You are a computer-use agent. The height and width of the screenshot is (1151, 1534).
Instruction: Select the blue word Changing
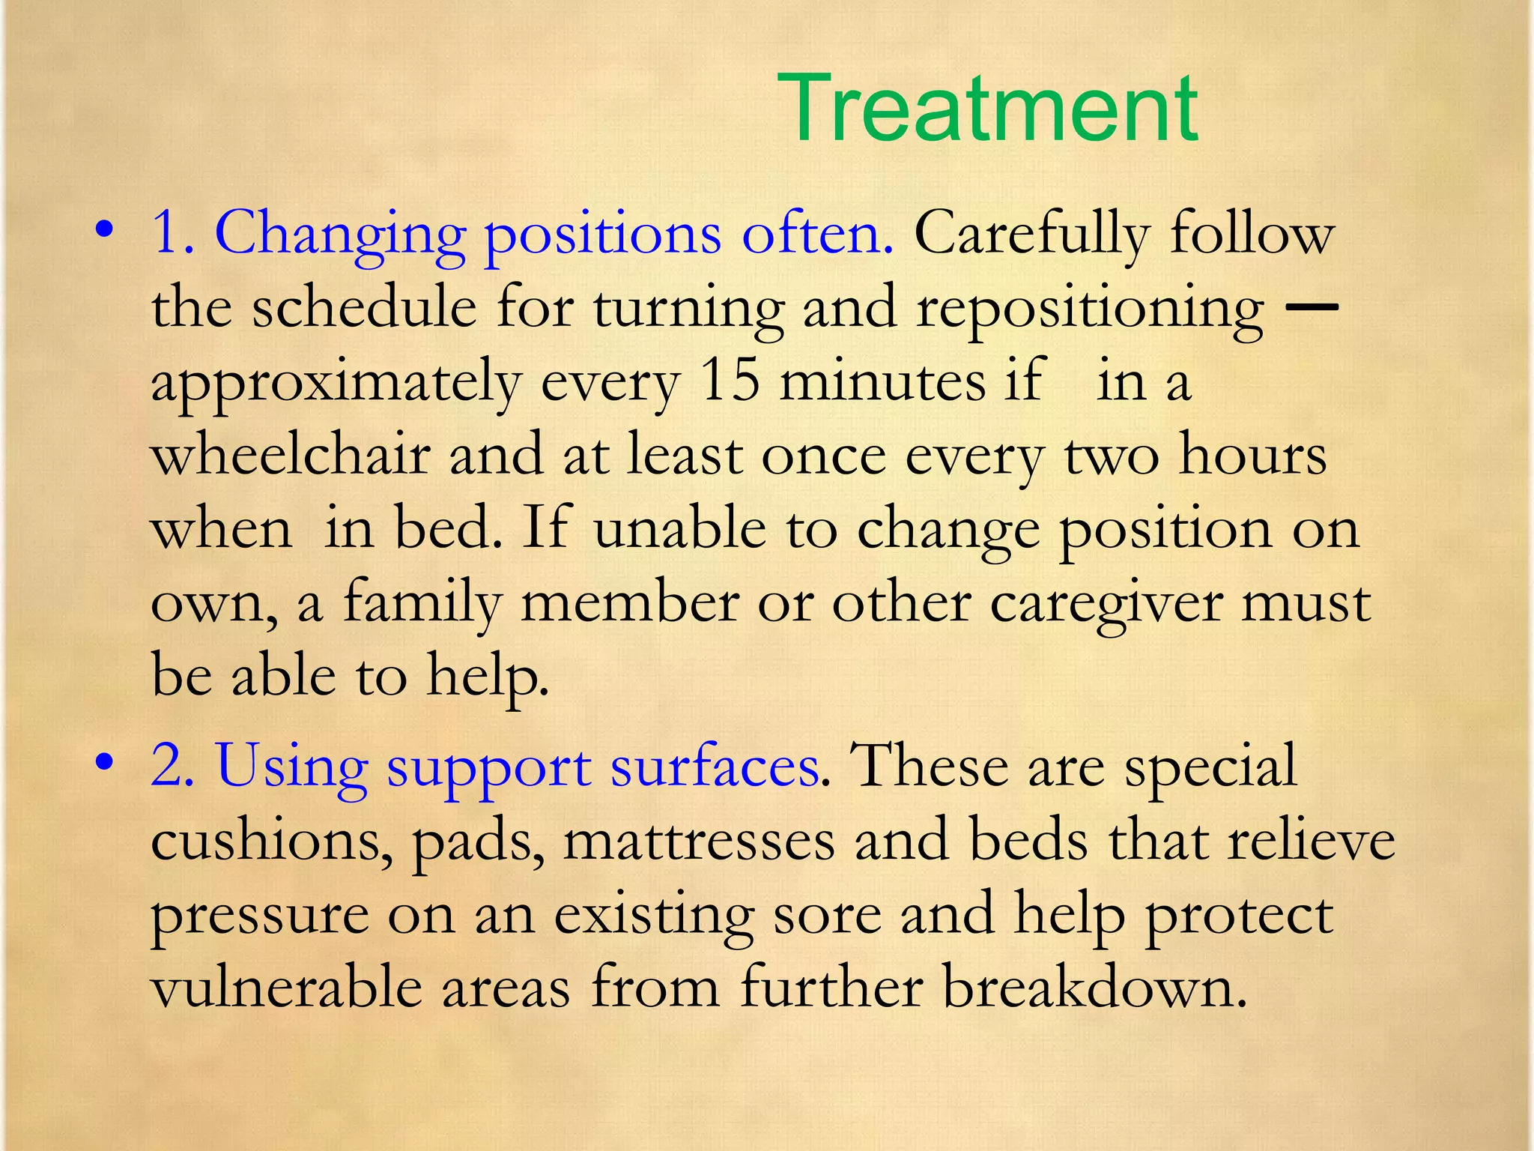coord(339,235)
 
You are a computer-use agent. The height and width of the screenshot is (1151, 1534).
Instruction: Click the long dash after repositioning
coord(1310,306)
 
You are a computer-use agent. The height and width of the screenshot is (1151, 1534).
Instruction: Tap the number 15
coord(730,381)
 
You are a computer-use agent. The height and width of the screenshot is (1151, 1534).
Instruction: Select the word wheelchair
coord(291,455)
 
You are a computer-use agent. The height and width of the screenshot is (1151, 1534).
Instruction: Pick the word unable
coord(679,528)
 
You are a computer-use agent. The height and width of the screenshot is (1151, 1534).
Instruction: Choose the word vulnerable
coord(287,988)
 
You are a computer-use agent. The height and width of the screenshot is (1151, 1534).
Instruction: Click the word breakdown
coord(1094,988)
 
